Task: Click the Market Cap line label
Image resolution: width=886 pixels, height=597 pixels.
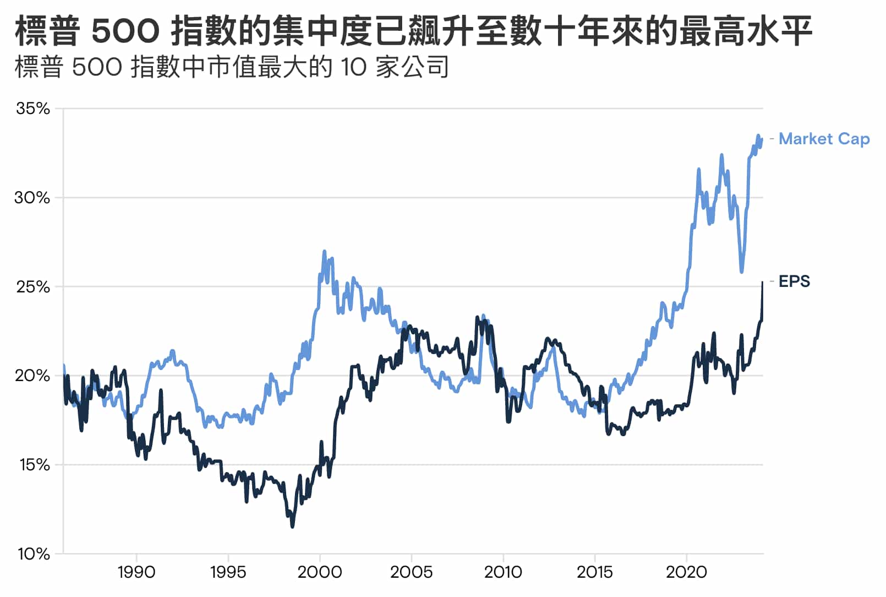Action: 824,139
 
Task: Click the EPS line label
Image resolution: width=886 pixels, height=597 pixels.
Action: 794,281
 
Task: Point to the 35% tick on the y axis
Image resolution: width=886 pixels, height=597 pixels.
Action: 33,108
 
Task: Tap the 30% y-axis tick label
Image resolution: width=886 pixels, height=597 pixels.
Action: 32,198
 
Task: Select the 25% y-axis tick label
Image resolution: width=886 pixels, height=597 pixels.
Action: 33,287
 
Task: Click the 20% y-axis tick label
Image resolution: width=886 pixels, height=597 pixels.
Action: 32,376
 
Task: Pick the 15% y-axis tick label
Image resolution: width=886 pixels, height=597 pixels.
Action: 34,465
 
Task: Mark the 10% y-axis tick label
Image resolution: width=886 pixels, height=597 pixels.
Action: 34,554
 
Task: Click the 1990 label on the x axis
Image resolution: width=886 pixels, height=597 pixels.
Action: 136,573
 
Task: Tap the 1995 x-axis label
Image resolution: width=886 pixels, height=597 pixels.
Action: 228,573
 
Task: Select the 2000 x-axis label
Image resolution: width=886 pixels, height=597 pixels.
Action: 320,573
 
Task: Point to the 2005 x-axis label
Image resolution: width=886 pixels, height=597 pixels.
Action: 411,573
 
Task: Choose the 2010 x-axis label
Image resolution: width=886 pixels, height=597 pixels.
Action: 503,573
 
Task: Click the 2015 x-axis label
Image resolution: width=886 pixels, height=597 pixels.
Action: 594,573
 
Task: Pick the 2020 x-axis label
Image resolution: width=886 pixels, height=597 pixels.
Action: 686,573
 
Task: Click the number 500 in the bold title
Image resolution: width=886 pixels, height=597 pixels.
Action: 125,31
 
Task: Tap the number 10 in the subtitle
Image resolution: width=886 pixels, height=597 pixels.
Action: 353,67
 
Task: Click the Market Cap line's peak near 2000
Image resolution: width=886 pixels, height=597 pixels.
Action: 324,252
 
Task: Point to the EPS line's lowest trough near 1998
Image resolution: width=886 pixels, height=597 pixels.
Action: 292,527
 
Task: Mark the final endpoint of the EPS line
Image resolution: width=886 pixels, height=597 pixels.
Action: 762,283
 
